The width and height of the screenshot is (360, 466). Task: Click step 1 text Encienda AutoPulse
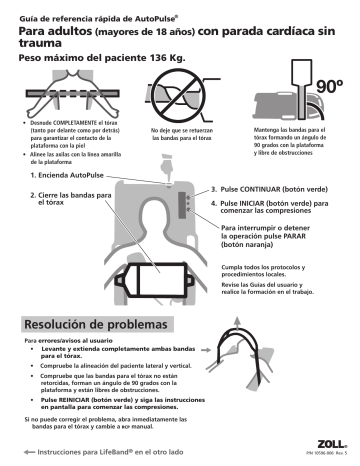pos(68,174)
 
